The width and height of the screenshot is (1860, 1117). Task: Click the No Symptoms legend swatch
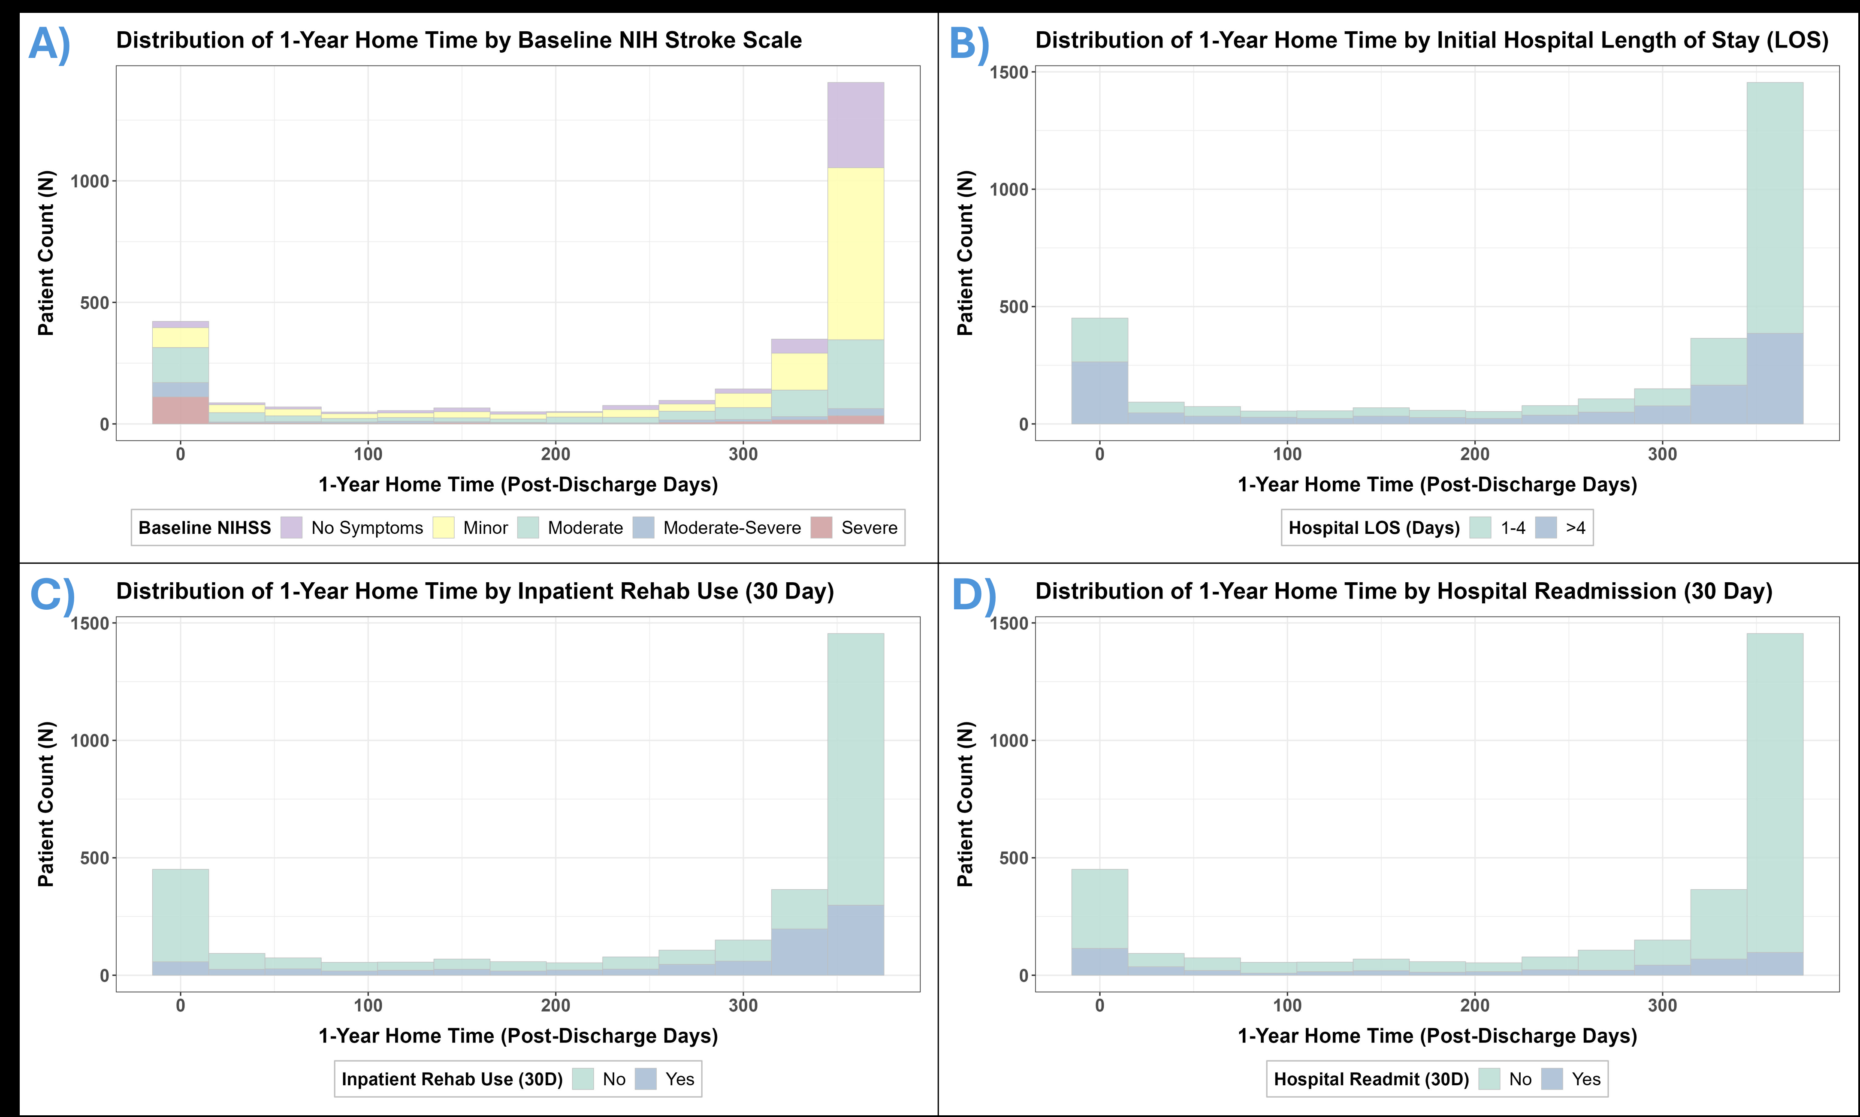point(291,528)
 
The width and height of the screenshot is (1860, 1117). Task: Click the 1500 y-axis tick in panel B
point(1009,72)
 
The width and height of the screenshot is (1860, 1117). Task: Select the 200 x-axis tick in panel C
point(556,1006)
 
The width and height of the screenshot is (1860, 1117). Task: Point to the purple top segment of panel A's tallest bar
point(855,125)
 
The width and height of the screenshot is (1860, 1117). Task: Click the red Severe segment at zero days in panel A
point(180,410)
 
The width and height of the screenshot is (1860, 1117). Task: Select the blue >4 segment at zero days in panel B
point(1099,393)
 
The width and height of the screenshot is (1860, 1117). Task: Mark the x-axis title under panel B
point(1437,485)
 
